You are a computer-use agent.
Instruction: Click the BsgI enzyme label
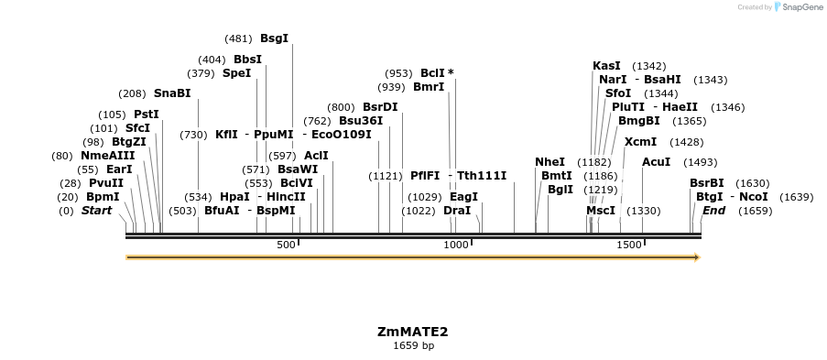click(274, 38)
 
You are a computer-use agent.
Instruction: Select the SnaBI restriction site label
click(172, 93)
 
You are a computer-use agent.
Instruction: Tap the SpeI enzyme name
click(236, 73)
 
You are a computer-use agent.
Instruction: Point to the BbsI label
click(247, 60)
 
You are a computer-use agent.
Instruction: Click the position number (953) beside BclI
click(398, 73)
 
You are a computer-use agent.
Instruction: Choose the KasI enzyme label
click(606, 66)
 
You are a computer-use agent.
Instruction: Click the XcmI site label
click(640, 142)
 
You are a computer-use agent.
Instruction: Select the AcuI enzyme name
click(657, 162)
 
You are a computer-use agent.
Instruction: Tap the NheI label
click(550, 162)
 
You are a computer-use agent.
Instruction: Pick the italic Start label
click(96, 211)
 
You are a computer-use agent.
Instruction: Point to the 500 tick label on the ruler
click(286, 245)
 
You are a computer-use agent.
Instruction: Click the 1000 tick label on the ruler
click(456, 245)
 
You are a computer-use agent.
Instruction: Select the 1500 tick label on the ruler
click(628, 245)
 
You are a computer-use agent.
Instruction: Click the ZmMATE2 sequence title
click(412, 332)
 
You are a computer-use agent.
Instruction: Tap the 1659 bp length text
click(413, 346)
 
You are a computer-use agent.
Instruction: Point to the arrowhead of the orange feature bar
click(696, 257)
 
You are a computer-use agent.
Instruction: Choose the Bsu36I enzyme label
click(361, 121)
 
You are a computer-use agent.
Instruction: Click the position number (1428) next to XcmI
click(686, 142)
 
